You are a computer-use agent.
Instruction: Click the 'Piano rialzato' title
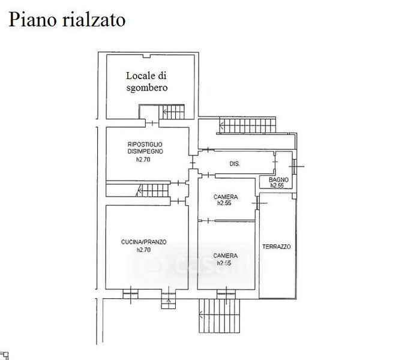67,19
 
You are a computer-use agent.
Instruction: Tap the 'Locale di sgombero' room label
146,82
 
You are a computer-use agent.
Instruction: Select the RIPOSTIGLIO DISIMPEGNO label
145,148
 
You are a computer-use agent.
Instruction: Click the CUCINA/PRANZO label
143,242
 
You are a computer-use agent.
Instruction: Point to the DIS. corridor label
235,164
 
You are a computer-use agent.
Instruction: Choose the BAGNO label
278,179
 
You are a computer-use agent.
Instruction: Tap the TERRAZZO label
277,247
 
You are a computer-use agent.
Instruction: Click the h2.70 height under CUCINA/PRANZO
143,250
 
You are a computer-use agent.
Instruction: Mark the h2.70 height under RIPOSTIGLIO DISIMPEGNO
143,159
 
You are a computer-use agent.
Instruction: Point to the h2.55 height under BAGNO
277,185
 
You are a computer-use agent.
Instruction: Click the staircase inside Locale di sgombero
172,112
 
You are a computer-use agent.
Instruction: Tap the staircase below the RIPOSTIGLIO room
152,190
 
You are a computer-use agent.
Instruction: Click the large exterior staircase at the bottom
220,316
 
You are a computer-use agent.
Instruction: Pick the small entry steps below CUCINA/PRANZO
169,299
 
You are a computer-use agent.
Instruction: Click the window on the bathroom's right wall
295,166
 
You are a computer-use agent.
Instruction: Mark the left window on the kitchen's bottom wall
130,294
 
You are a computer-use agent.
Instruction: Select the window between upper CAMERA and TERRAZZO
257,203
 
